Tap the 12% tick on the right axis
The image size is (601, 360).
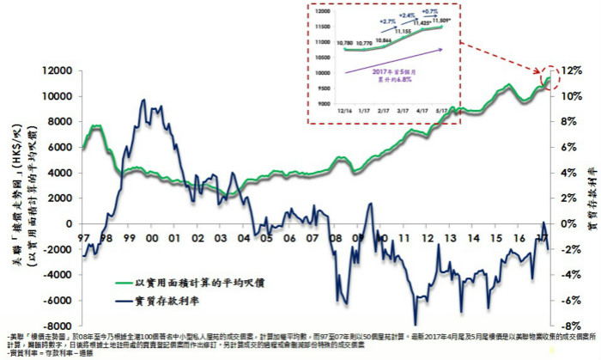pyautogui.click(x=574, y=70)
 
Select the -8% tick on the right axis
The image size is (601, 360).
pyautogui.click(x=574, y=326)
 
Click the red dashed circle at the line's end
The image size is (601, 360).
pyautogui.click(x=551, y=78)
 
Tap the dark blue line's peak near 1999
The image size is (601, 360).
pyautogui.click(x=141, y=101)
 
